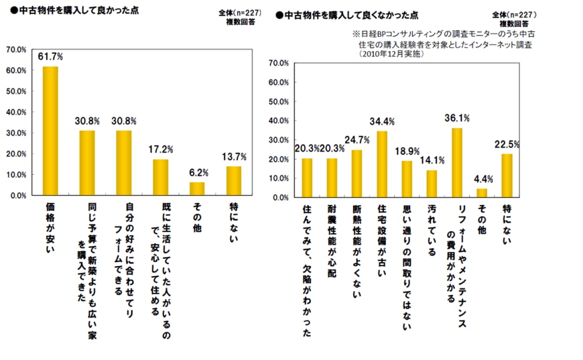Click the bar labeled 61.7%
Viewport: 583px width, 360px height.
(x=50, y=131)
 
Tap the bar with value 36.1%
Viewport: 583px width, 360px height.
(x=456, y=163)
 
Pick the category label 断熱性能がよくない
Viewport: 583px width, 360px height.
(x=357, y=245)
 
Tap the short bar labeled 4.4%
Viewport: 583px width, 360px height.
(x=481, y=193)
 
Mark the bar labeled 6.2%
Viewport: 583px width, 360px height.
(x=196, y=188)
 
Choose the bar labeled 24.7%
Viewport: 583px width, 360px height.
(x=357, y=174)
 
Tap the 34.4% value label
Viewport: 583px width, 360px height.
(x=382, y=121)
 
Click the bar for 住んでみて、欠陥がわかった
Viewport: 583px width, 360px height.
(x=307, y=178)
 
